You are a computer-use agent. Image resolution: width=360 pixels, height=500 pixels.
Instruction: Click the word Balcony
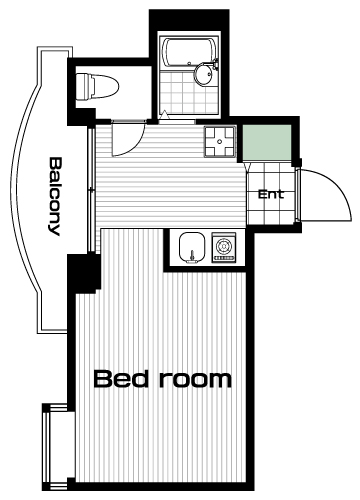tap(54, 196)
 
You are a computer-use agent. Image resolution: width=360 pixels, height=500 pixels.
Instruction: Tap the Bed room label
tap(162, 379)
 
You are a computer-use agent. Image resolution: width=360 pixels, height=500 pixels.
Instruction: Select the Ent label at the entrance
tap(271, 194)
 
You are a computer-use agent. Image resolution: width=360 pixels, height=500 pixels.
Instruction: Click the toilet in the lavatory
tap(97, 87)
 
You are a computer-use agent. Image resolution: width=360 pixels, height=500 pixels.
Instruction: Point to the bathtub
tap(190, 53)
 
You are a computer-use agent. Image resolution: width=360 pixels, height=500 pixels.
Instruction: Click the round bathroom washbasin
tap(203, 74)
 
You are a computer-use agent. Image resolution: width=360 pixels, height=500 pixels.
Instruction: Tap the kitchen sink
tap(192, 248)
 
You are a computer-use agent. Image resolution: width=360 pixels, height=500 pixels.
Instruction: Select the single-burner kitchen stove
tap(224, 247)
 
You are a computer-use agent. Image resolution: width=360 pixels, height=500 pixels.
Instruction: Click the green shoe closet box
tap(267, 143)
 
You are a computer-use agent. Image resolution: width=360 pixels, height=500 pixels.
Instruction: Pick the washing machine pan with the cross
tap(220, 141)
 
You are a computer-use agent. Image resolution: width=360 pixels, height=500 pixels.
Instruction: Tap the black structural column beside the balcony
tap(84, 273)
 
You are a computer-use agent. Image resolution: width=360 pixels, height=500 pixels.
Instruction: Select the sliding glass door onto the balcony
tap(91, 189)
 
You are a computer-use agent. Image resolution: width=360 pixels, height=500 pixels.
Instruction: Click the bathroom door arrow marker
tap(164, 114)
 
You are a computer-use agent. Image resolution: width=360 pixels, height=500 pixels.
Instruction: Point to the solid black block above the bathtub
tap(189, 20)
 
